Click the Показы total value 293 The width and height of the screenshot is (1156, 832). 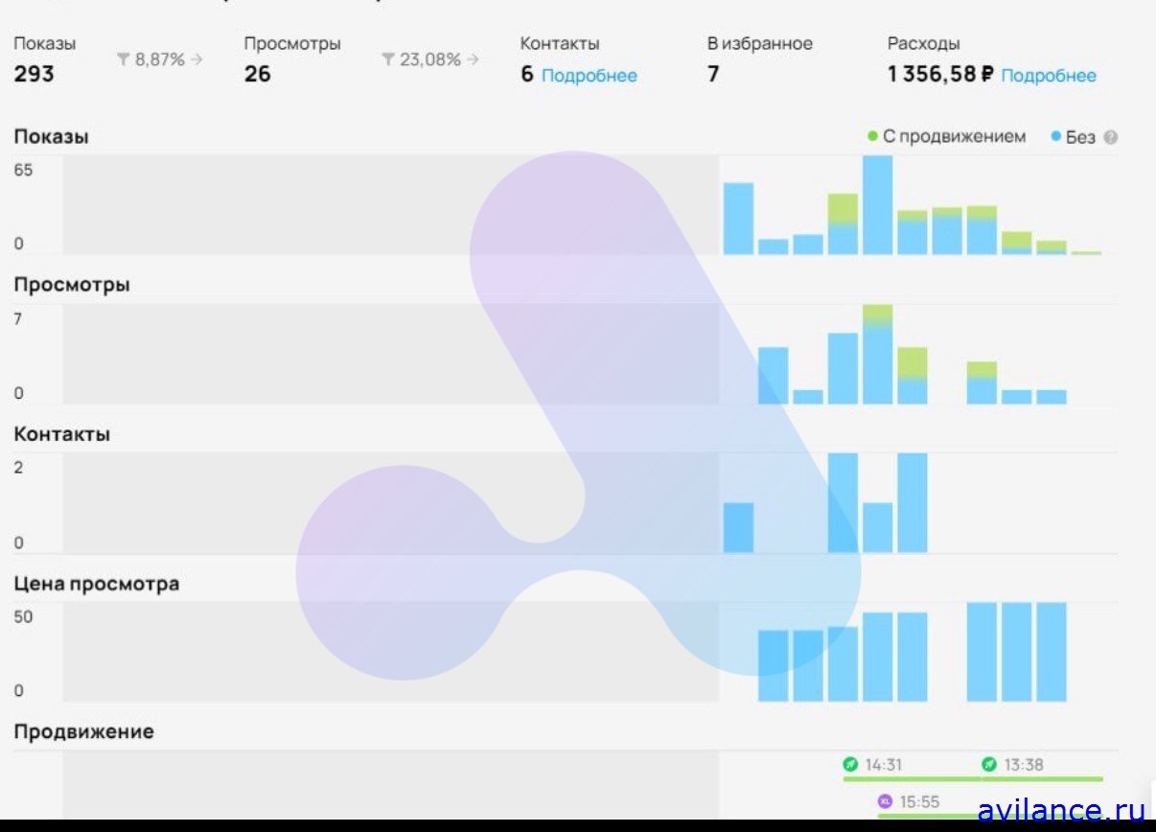(x=34, y=74)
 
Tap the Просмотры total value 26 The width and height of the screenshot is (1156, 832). (x=257, y=74)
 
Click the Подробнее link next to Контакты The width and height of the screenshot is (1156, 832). (x=589, y=76)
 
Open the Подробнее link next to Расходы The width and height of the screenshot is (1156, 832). (x=1048, y=76)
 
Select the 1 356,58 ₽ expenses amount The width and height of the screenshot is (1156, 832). (x=940, y=75)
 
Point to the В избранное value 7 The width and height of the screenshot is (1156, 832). (x=713, y=74)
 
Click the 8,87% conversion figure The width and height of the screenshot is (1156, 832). (x=159, y=59)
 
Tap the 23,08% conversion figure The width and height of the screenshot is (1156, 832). (x=429, y=59)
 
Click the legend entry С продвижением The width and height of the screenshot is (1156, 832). (x=953, y=137)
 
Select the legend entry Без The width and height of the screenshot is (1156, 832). (x=1079, y=137)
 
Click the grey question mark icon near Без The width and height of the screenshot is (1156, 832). (x=1110, y=137)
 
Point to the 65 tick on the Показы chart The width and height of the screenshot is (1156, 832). (x=23, y=171)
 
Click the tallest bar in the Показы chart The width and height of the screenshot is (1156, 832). (x=877, y=205)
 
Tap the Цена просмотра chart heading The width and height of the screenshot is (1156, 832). (x=96, y=583)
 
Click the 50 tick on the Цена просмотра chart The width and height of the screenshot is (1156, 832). (x=23, y=616)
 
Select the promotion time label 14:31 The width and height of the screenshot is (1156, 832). (x=882, y=765)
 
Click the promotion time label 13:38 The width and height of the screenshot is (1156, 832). (x=1024, y=765)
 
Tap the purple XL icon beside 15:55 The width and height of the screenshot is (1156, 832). (x=885, y=801)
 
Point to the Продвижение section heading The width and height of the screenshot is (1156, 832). (x=83, y=731)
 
